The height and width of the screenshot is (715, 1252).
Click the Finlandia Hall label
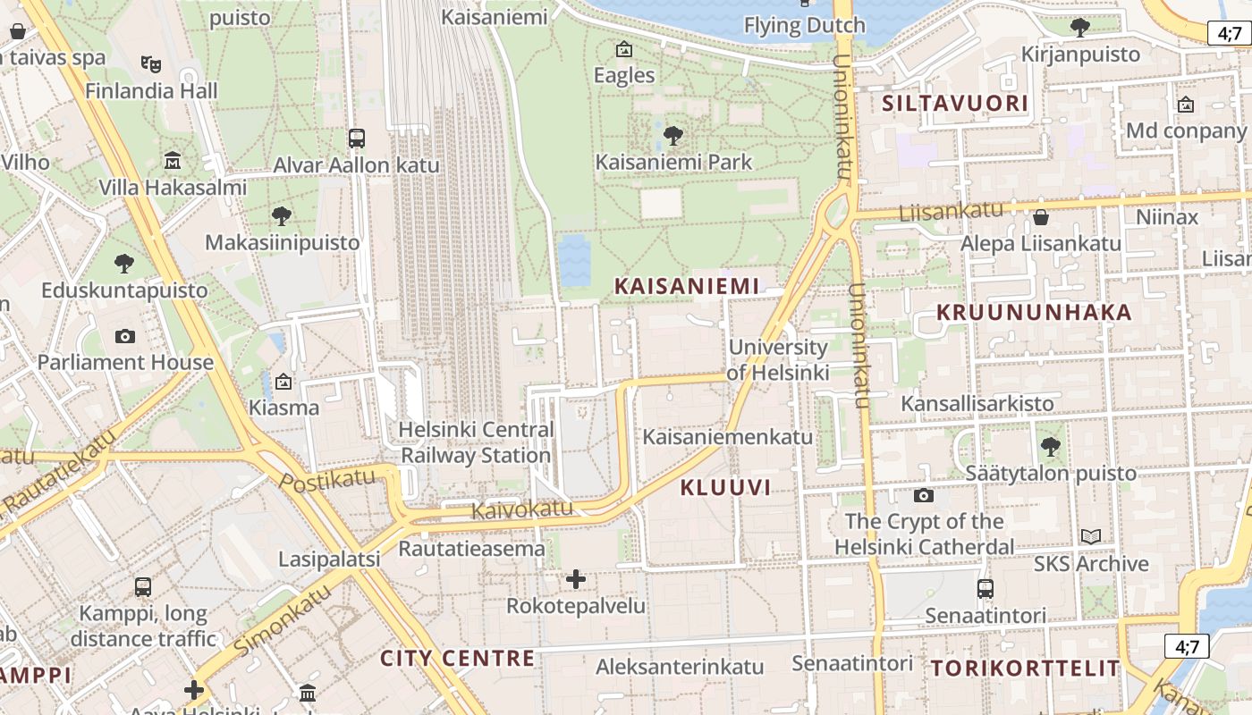(x=151, y=91)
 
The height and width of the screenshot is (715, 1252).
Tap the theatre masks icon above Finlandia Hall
(x=151, y=63)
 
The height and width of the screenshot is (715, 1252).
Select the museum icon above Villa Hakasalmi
(x=173, y=161)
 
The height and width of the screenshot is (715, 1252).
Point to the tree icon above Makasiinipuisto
(x=282, y=215)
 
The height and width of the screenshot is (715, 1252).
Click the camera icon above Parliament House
(x=125, y=336)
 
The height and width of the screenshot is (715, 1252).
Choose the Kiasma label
(x=283, y=408)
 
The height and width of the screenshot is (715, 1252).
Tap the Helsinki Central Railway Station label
(x=476, y=442)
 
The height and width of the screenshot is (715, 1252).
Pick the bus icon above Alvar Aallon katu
(x=357, y=139)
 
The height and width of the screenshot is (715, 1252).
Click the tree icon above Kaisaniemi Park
(x=673, y=136)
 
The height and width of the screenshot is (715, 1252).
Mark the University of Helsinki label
(x=778, y=359)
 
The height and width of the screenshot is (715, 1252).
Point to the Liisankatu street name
(x=951, y=212)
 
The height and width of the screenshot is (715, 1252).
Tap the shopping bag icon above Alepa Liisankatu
(x=1040, y=217)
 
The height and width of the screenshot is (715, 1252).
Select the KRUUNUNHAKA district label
(x=1034, y=313)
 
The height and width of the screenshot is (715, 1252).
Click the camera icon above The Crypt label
(x=924, y=495)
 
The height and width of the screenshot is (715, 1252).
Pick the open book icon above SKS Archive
(x=1090, y=536)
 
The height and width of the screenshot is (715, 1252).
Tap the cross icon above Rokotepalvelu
(x=576, y=579)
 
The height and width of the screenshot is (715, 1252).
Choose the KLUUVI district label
(x=725, y=487)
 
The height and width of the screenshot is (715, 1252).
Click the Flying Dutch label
(x=805, y=25)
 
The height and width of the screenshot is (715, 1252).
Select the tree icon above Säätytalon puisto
(x=1051, y=446)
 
